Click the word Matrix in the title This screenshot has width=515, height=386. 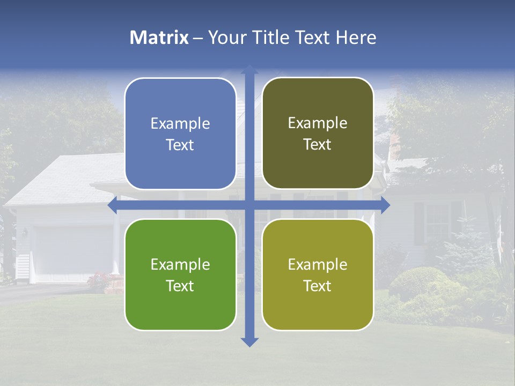point(159,38)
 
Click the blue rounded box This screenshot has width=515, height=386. point(180,133)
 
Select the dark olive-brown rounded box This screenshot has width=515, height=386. point(318,133)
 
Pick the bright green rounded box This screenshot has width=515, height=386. point(180,274)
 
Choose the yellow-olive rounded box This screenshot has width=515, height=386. point(318,274)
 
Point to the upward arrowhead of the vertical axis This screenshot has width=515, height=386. point(249,70)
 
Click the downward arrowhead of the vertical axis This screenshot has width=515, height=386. point(249,342)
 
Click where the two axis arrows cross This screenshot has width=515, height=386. point(249,205)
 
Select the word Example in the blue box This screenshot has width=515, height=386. point(180,124)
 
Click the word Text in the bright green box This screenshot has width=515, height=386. point(180,286)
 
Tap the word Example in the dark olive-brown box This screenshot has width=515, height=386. point(318,123)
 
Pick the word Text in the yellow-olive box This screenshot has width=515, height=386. point(318,286)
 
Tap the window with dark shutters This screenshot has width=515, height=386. point(438,222)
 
